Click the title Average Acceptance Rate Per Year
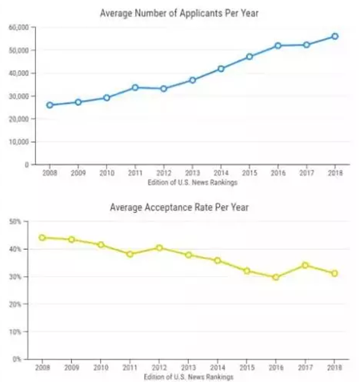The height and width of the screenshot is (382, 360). (x=181, y=207)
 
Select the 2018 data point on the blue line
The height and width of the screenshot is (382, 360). (x=334, y=36)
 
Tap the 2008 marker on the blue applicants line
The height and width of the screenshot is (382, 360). (x=50, y=105)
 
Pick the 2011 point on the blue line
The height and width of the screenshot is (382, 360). (x=135, y=87)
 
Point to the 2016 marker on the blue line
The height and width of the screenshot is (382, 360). (x=278, y=46)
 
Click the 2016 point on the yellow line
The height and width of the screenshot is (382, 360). (x=278, y=278)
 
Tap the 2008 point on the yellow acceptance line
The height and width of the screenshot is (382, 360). (x=42, y=237)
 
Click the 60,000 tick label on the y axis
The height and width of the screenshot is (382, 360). (x=18, y=27)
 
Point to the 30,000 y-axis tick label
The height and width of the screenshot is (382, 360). (x=18, y=96)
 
